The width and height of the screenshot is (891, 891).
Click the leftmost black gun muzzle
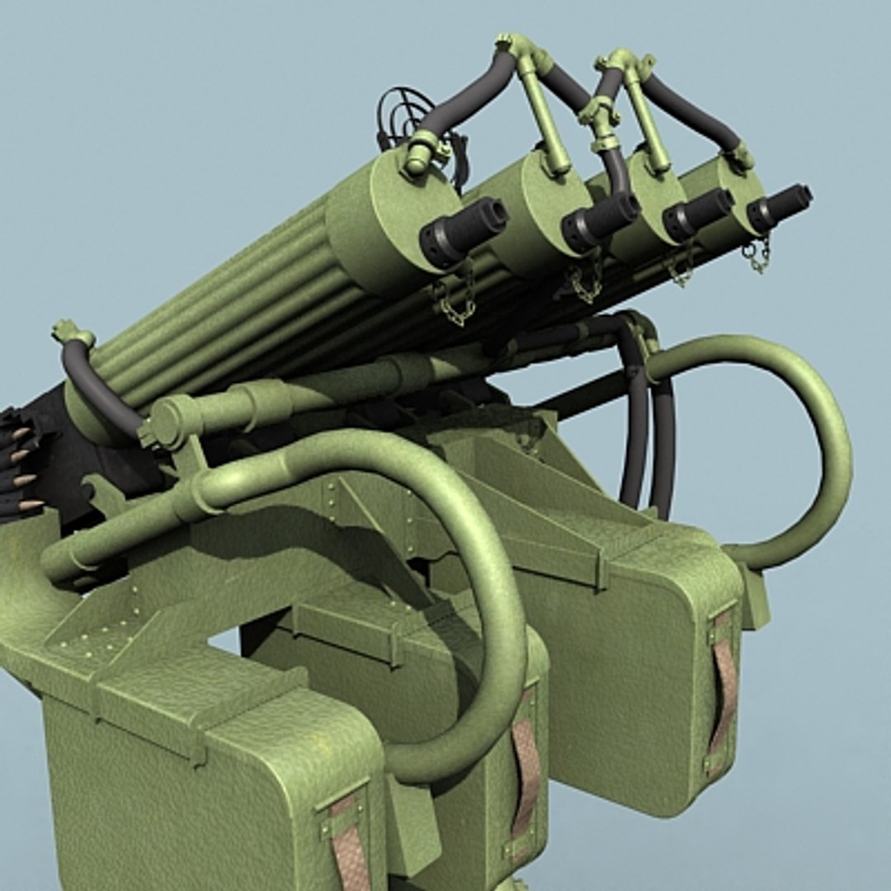[x=463, y=230]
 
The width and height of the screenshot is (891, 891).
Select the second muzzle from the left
[x=600, y=220]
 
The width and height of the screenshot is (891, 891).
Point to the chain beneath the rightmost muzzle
[x=757, y=256]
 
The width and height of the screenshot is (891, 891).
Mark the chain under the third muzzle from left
[x=681, y=268]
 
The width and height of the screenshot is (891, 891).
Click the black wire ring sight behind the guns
[x=404, y=115]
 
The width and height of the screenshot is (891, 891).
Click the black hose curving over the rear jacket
[x=95, y=388]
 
